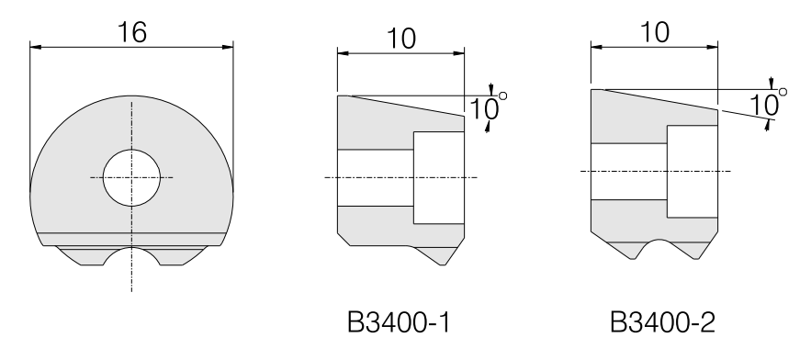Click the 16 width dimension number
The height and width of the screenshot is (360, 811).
click(x=132, y=32)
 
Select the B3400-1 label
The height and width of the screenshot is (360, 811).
click(x=399, y=322)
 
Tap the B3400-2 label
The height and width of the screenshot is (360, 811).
click(x=662, y=322)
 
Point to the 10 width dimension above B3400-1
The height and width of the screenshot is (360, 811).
click(x=400, y=39)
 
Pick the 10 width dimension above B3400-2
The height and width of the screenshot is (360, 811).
click(x=654, y=32)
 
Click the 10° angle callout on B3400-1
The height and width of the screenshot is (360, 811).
click(x=488, y=107)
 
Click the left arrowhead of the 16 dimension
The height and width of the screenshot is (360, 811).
click(x=36, y=47)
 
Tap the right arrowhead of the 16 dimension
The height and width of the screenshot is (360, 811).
click(x=228, y=47)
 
